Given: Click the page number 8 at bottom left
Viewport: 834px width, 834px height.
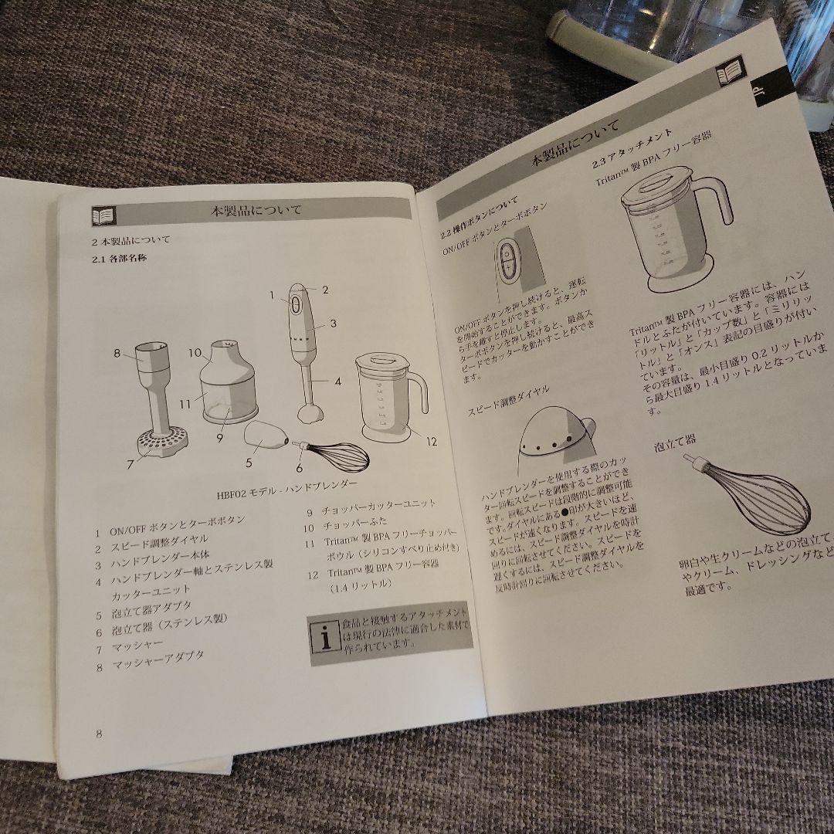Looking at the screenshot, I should pyautogui.click(x=99, y=734).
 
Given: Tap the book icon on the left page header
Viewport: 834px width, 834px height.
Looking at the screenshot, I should pyautogui.click(x=103, y=215).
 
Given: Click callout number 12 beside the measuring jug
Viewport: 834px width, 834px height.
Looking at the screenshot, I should pyautogui.click(x=431, y=442).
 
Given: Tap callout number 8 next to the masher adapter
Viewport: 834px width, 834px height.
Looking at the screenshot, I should pyautogui.click(x=117, y=354).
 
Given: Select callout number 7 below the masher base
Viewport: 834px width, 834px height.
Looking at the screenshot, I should pyautogui.click(x=130, y=463).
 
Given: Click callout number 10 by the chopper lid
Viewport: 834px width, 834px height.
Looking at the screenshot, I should pyautogui.click(x=195, y=353).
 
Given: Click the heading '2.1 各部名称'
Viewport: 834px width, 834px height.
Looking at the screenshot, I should pyautogui.click(x=119, y=259).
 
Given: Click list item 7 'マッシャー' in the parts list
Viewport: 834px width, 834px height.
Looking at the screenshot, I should pyautogui.click(x=137, y=646).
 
